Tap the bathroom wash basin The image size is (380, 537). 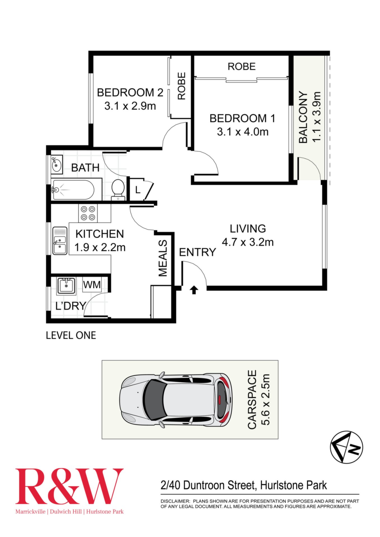[x=57, y=165]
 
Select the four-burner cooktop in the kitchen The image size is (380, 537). [x=88, y=213]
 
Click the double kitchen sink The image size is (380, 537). [x=60, y=241]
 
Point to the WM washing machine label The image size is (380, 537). [x=92, y=285]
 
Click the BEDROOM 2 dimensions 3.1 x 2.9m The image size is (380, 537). [x=130, y=106]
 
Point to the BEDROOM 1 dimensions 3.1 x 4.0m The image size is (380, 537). [x=243, y=132]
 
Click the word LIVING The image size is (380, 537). [x=248, y=229]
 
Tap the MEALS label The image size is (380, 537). [x=163, y=258]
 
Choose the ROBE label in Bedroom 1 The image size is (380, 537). [x=241, y=67]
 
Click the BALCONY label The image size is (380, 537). [x=303, y=117]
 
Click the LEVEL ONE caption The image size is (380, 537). [x=71, y=335]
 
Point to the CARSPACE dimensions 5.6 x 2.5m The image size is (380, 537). [x=266, y=400]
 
